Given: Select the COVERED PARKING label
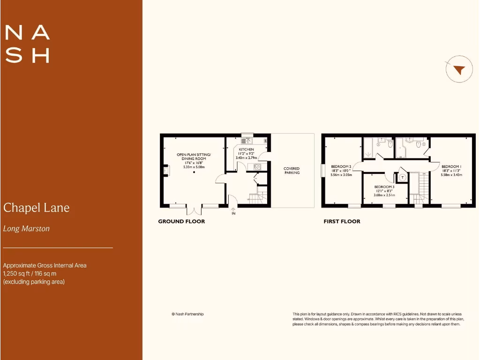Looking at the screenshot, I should click(x=292, y=171).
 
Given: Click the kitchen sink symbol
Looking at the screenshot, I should click(x=247, y=140).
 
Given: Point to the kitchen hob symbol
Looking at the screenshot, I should click(x=257, y=167).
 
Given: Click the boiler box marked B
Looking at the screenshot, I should click(x=266, y=141).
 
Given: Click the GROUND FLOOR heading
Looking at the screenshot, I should click(x=181, y=221).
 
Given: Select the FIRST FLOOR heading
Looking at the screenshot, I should click(x=342, y=221).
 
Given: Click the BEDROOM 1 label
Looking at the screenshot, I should click(x=451, y=167).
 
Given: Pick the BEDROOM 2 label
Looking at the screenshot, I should click(x=341, y=167).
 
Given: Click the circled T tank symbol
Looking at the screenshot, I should click(x=402, y=177).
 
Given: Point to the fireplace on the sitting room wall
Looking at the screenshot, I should click(x=166, y=171).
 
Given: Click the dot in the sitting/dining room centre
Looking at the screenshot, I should click(x=194, y=172).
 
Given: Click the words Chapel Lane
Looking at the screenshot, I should click(x=37, y=208).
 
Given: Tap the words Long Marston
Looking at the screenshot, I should click(x=26, y=229).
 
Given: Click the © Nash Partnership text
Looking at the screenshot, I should click(x=187, y=314).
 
